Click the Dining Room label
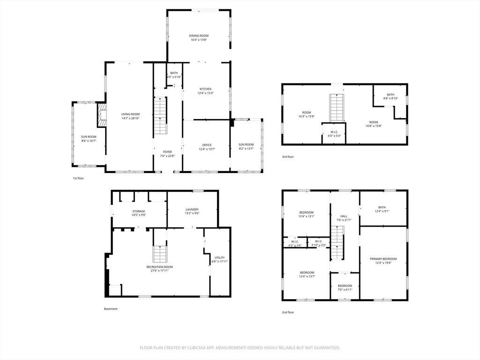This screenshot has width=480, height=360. (199, 36)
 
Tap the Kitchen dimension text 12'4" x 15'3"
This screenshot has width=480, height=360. (206, 93)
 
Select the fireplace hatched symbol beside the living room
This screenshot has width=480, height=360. (102, 115)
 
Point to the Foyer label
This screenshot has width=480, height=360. (167, 152)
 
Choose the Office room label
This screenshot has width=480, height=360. (207, 145)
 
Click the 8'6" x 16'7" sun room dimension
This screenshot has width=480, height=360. (89, 141)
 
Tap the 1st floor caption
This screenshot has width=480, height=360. (78, 178)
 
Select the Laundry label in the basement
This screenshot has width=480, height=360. (192, 210)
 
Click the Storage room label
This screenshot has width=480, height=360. (139, 211)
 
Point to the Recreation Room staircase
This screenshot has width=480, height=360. (159, 254)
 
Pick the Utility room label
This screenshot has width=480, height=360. (219, 258)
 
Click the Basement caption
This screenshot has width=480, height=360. (111, 309)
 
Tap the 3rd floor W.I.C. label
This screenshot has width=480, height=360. (334, 132)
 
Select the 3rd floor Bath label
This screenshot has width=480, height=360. (390, 95)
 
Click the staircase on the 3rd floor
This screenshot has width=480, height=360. (337, 108)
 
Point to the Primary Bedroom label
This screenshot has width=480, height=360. (383, 259)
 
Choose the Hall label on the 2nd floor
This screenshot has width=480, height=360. (344, 216)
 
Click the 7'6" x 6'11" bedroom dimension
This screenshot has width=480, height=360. (345, 290)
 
